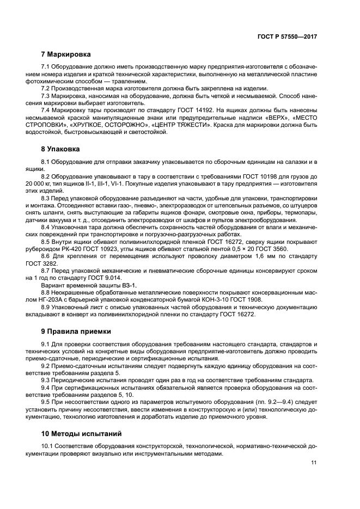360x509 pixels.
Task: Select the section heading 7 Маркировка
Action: point(66,54)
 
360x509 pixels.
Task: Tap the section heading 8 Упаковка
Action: point(61,148)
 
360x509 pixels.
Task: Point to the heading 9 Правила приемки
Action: point(76,331)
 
